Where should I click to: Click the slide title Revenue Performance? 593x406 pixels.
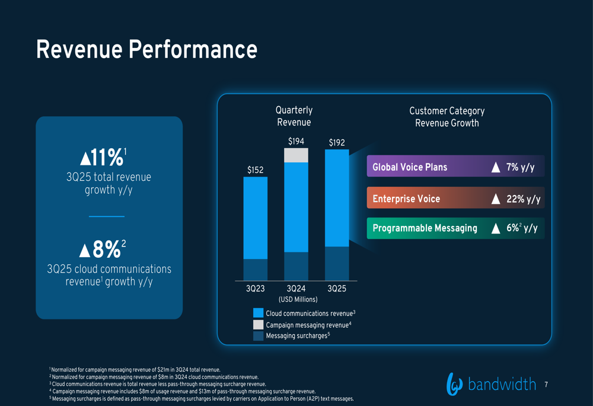coord(146,50)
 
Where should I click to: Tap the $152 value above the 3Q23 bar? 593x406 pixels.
coord(255,170)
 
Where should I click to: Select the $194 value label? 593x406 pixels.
coord(296,141)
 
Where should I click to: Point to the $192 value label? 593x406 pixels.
coord(336,142)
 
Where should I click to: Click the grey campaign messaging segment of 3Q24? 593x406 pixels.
coord(296,155)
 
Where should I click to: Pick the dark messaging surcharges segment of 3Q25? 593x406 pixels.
coord(337,263)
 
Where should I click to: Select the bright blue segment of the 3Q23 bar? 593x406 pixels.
coord(255,218)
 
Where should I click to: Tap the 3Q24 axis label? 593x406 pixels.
coord(296,289)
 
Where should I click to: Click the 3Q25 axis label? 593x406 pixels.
coord(336,289)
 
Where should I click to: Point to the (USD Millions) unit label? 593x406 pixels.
coord(298,299)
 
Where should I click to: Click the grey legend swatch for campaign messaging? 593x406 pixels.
coord(258,325)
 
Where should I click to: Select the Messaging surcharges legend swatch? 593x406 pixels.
coord(258,336)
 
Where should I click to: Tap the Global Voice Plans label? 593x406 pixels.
coord(410,167)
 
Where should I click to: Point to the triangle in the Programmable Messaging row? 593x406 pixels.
coord(496,229)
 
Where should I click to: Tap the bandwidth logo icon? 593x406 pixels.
coord(454,384)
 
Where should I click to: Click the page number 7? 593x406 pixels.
coord(546,385)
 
